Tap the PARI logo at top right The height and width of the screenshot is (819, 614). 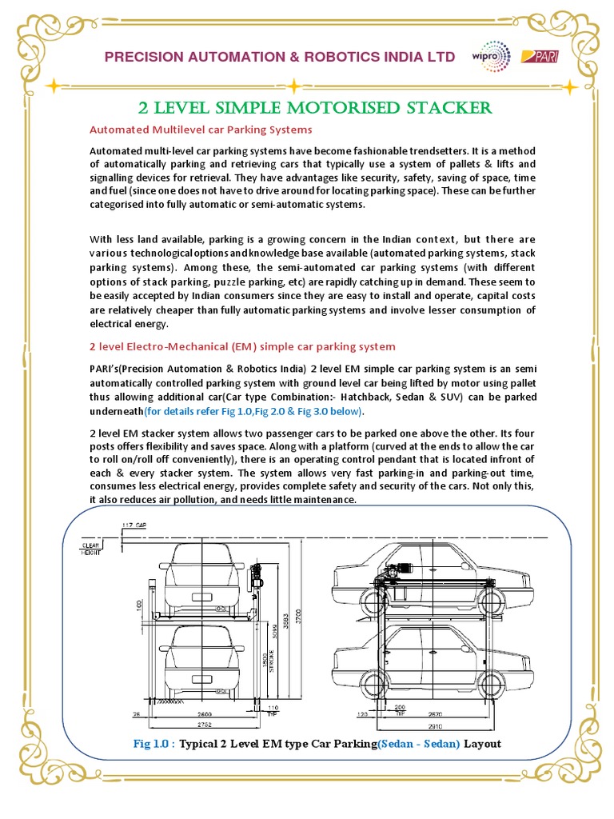click(534, 56)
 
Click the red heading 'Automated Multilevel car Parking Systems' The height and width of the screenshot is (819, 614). click(200, 129)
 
